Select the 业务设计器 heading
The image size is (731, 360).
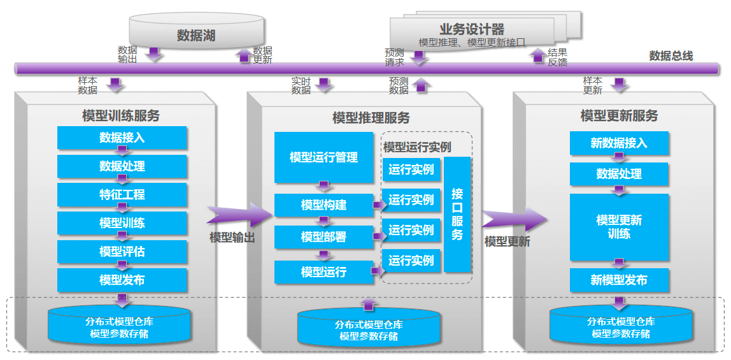[471, 29]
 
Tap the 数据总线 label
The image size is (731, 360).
[671, 56]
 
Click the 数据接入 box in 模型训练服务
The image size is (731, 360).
[122, 138]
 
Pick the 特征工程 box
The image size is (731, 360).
[122, 194]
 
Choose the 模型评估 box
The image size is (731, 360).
[122, 252]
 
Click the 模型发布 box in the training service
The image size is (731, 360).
[122, 280]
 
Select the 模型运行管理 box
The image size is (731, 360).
[323, 157]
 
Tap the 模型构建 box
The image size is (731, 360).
[323, 205]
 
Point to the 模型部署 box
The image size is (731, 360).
[323, 237]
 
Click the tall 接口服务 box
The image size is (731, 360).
[457, 214]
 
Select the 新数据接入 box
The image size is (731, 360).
[619, 143]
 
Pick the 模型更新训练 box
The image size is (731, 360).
[619, 227]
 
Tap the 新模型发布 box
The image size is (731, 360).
[619, 280]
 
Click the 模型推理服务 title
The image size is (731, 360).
[371, 118]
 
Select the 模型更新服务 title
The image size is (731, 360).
[619, 116]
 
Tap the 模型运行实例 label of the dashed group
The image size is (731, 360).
[417, 147]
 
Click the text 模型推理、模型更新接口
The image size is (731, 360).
[472, 42]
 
